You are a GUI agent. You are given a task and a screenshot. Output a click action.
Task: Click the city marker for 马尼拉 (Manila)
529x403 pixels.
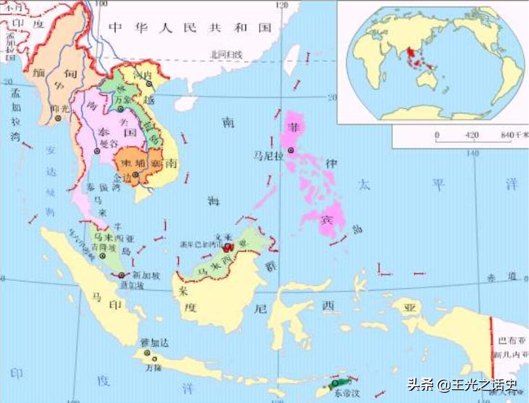291,151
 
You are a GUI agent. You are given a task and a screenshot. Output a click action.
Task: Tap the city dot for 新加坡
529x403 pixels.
121,275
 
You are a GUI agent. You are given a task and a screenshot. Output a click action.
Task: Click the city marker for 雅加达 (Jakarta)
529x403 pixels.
149,354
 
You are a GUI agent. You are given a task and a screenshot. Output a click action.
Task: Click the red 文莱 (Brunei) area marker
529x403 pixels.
228,247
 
